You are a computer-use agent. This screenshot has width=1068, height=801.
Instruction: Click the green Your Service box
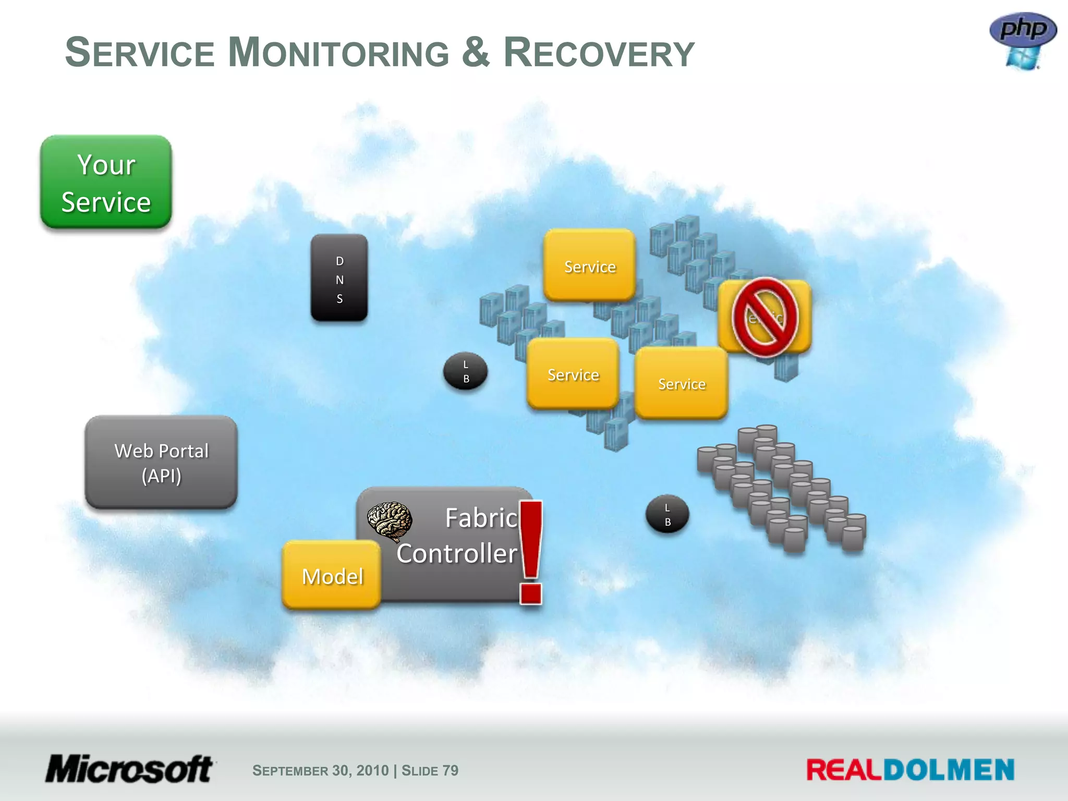pyautogui.click(x=106, y=183)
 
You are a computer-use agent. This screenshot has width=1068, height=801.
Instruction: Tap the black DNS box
pyautogui.click(x=339, y=277)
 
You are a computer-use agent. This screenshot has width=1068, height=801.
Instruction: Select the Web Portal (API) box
pyautogui.click(x=161, y=463)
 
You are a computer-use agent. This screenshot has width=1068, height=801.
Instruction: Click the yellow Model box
pyautogui.click(x=332, y=575)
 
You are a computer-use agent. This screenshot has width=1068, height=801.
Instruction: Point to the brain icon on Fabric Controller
pyautogui.click(x=390, y=521)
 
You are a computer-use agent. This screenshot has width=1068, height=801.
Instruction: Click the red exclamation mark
pyautogui.click(x=531, y=553)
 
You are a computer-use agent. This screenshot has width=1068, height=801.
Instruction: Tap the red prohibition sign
pyautogui.click(x=765, y=317)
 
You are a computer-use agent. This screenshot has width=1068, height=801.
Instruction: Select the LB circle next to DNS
pyautogui.click(x=466, y=371)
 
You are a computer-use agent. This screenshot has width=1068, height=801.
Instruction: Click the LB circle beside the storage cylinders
pyautogui.click(x=667, y=514)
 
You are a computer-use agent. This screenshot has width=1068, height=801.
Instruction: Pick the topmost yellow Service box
pyautogui.click(x=590, y=266)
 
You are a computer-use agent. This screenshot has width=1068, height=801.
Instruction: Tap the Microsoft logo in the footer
pyautogui.click(x=129, y=769)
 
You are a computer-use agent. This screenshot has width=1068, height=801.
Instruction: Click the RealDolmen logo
pyautogui.click(x=910, y=770)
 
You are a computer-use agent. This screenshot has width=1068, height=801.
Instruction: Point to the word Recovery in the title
pyautogui.click(x=599, y=53)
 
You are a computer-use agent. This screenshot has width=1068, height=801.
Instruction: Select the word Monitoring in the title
pyautogui.click(x=339, y=53)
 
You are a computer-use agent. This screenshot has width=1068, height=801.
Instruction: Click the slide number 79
pyautogui.click(x=450, y=770)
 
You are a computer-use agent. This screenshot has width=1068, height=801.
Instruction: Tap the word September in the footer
pyautogui.click(x=290, y=771)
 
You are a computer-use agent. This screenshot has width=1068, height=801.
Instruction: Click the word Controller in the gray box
pyautogui.click(x=457, y=553)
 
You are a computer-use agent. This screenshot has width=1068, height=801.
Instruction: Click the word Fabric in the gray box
pyautogui.click(x=481, y=518)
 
